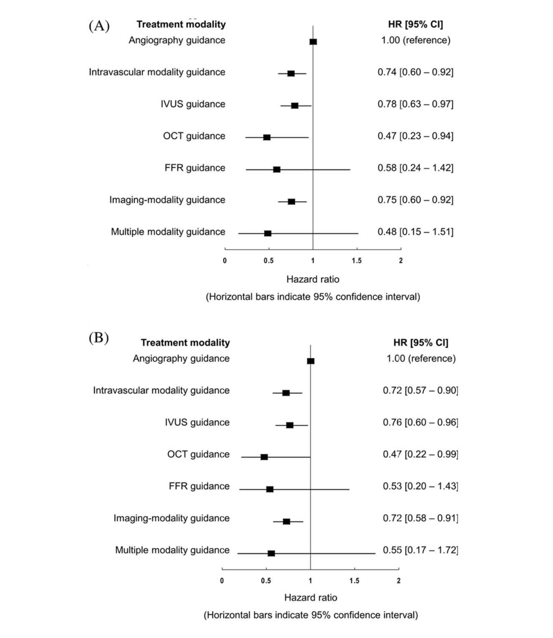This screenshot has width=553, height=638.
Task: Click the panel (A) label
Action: click(99, 26)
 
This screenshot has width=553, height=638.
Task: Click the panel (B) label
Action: click(98, 337)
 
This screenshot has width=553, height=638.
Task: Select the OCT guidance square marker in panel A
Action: click(267, 137)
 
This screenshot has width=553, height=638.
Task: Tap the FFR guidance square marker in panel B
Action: click(270, 489)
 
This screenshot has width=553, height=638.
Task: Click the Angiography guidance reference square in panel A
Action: click(313, 42)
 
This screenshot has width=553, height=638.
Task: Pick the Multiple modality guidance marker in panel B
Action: click(271, 553)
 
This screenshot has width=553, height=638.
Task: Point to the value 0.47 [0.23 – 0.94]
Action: click(415, 136)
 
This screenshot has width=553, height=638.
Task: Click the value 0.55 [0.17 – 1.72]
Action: click(420, 550)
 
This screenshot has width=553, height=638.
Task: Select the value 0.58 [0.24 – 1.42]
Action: click(415, 168)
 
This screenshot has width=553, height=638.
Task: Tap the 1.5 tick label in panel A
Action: click(356, 261)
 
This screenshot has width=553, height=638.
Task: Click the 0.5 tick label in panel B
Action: click(266, 580)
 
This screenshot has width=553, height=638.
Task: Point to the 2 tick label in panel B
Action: click(399, 580)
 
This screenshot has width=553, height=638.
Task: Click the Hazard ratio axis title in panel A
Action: click(313, 279)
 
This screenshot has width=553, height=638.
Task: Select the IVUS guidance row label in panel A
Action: click(193, 104)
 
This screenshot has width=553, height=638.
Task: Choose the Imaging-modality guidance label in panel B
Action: click(172, 518)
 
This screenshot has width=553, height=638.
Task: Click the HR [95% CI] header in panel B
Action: click(421, 343)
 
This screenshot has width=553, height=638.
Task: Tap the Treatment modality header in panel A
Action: click(181, 24)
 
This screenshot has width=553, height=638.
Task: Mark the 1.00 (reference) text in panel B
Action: click(421, 358)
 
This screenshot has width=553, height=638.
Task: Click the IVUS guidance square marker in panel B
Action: click(290, 425)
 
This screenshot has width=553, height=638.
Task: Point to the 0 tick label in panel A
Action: click(225, 261)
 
